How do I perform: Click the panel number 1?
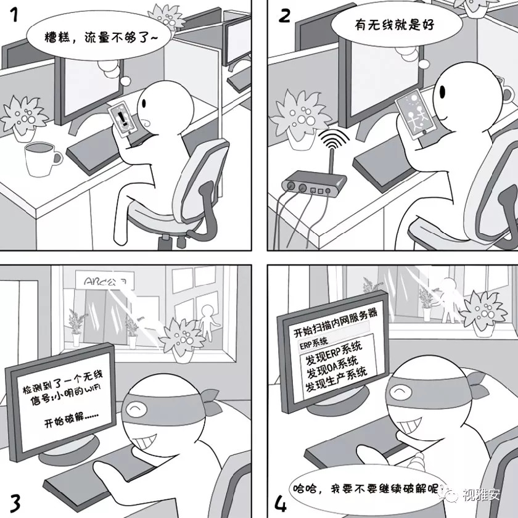click(x=14, y=14)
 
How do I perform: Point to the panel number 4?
click(x=281, y=501)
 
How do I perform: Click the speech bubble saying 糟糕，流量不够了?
click(x=93, y=38)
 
